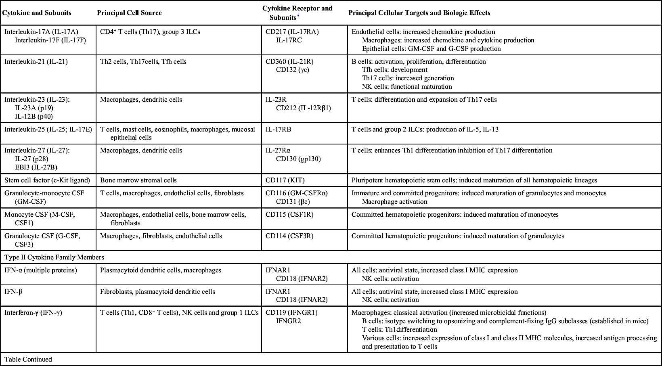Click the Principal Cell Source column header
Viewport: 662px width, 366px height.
click(x=129, y=13)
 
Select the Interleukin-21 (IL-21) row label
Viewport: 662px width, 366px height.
click(x=36, y=62)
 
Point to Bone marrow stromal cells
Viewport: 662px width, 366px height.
click(x=138, y=180)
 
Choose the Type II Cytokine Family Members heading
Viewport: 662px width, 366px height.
click(x=54, y=257)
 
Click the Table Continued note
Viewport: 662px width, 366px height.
click(x=28, y=359)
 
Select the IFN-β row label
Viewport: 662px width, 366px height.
click(x=13, y=291)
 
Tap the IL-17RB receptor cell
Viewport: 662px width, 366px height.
click(x=278, y=130)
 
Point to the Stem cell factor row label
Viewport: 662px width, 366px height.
click(x=47, y=180)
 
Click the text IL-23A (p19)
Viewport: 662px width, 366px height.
click(x=34, y=108)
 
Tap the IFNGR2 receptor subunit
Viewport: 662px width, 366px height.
click(x=289, y=321)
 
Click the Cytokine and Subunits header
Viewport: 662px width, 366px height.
click(x=37, y=13)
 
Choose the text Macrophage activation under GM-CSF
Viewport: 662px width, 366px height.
click(x=394, y=202)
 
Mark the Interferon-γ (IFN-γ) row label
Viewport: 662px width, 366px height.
click(x=33, y=313)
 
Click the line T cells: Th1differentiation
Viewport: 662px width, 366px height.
click(x=399, y=330)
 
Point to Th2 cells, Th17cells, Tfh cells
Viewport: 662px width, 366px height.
click(x=143, y=62)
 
